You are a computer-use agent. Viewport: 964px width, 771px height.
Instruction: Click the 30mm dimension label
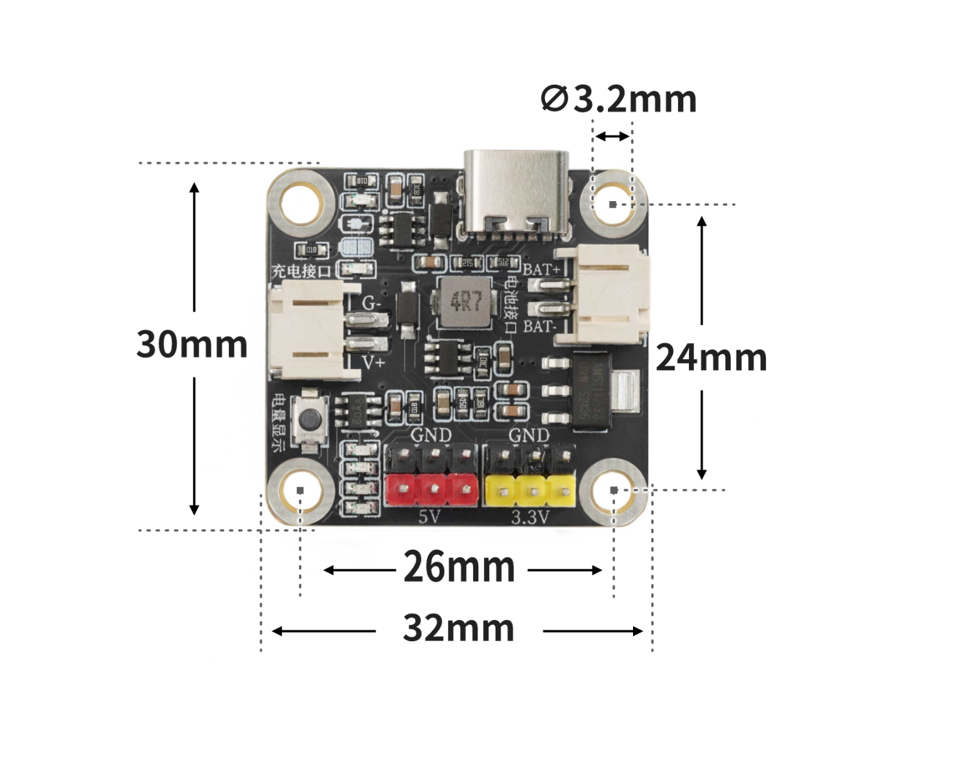pyautogui.click(x=192, y=344)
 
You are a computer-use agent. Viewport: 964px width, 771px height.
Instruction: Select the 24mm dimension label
pyautogui.click(x=711, y=358)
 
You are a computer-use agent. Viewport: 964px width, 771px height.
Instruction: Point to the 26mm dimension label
pyautogui.click(x=459, y=568)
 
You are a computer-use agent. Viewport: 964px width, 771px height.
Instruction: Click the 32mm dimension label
pyautogui.click(x=458, y=629)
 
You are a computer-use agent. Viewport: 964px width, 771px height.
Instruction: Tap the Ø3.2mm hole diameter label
pyautogui.click(x=619, y=100)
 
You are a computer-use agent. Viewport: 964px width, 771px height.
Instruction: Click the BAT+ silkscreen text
pyautogui.click(x=541, y=269)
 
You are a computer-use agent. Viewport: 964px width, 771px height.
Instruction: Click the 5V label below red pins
pyautogui.click(x=429, y=516)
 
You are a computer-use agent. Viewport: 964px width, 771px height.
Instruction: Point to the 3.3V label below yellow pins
pyautogui.click(x=530, y=517)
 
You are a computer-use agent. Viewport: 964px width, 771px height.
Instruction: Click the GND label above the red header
pyautogui.click(x=431, y=436)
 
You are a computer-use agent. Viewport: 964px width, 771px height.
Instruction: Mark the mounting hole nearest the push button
pyautogui.click(x=301, y=491)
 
